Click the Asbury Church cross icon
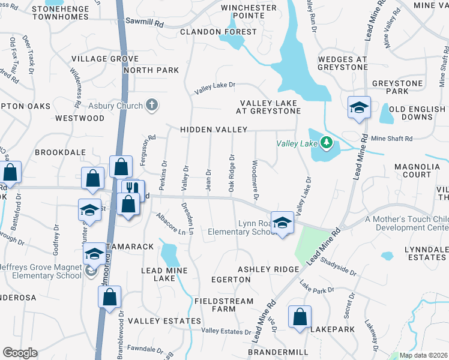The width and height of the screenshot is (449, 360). [152, 106]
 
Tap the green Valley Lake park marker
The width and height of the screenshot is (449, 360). [326, 143]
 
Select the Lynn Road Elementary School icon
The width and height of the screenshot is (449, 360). [280, 223]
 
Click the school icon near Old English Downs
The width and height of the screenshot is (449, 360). [358, 108]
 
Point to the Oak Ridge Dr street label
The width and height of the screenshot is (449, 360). [231, 173]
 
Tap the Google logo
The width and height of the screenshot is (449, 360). [20, 353]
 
